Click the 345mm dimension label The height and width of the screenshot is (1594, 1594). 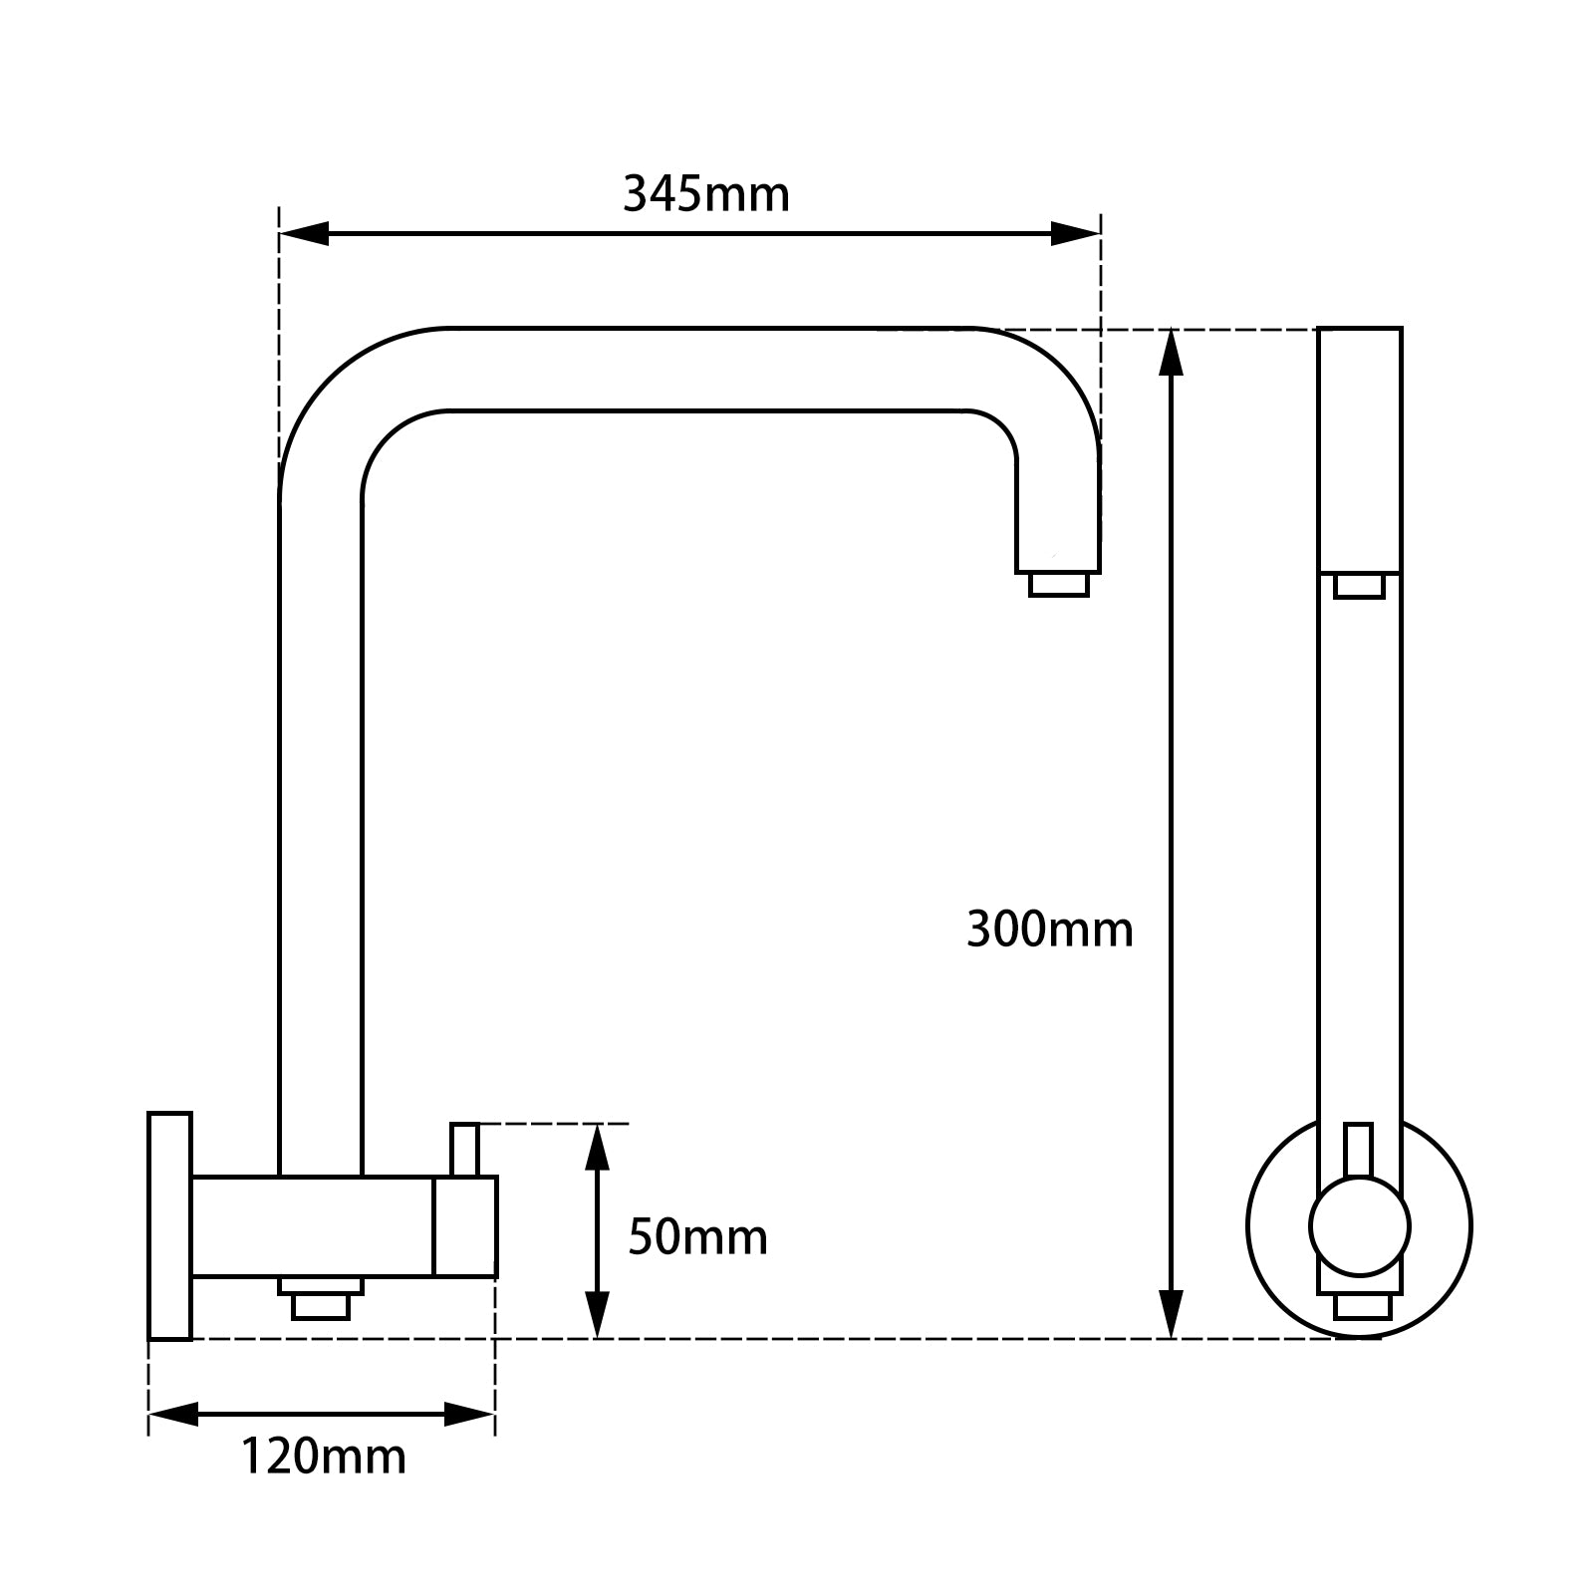705,193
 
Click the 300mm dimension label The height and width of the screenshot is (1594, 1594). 1049,930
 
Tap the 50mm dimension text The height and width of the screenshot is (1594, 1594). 697,1237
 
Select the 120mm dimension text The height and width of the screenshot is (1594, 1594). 323,1456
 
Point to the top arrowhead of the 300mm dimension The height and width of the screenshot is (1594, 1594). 1173,353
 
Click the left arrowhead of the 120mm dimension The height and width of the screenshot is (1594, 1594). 172,1413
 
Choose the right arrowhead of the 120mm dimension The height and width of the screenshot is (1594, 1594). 470,1413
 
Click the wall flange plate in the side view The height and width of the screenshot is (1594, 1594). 169,1225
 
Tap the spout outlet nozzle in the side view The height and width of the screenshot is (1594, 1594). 1058,585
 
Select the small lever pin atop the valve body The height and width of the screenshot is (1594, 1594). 464,1149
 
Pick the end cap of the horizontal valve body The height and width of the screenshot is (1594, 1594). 464,1225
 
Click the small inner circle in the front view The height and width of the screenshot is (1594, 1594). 1359,1225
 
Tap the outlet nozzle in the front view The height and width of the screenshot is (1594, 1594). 1359,586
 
